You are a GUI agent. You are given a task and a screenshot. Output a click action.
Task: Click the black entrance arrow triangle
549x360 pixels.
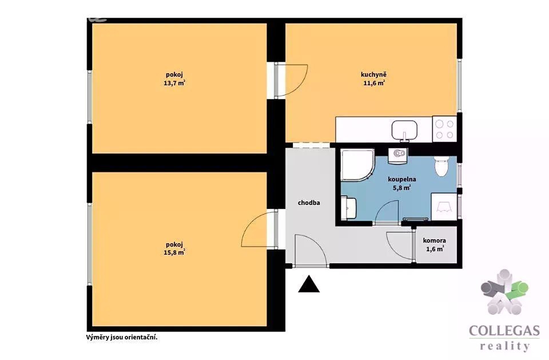(x=309, y=284)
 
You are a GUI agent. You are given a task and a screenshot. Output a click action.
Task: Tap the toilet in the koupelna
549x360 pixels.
(x=441, y=166)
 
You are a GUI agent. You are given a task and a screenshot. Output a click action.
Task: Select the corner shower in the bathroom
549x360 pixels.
(x=357, y=165)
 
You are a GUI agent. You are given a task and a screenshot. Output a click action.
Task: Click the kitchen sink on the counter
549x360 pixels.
(x=404, y=130)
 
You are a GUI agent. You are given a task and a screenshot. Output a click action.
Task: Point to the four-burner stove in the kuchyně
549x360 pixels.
(x=445, y=129)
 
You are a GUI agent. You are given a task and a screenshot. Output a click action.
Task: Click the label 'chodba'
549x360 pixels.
(x=309, y=203)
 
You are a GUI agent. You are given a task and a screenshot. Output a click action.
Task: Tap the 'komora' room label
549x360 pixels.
(x=435, y=240)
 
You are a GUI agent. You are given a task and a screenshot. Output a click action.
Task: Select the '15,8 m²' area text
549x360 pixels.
(x=174, y=252)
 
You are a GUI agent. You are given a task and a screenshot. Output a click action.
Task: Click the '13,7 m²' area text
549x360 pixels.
(x=174, y=83)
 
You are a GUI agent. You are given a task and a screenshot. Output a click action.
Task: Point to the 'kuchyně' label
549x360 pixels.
(x=373, y=74)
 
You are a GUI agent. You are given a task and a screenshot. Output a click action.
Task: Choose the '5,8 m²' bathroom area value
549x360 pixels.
(x=401, y=188)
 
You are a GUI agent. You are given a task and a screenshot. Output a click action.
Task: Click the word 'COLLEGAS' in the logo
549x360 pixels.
(x=504, y=331)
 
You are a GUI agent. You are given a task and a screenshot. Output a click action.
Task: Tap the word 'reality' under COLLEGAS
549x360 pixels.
(x=504, y=346)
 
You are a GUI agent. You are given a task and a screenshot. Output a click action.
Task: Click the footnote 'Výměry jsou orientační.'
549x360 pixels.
(x=122, y=337)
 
